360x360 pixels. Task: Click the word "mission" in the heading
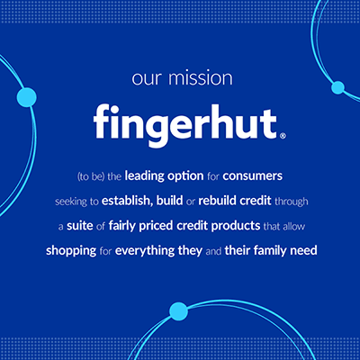click(x=201, y=78)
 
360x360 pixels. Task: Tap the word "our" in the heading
click(x=147, y=79)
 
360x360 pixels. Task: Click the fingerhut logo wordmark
click(x=185, y=124)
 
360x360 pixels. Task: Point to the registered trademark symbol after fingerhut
click(x=283, y=136)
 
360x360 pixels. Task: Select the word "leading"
click(x=145, y=176)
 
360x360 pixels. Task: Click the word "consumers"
click(x=253, y=176)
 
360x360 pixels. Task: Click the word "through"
click(x=292, y=202)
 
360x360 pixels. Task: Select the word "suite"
click(x=80, y=226)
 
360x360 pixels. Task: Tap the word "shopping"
click(x=71, y=251)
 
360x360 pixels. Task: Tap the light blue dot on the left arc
click(x=27, y=97)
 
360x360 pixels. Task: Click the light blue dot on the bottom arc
click(x=179, y=311)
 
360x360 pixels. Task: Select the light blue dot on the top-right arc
click(x=338, y=87)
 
